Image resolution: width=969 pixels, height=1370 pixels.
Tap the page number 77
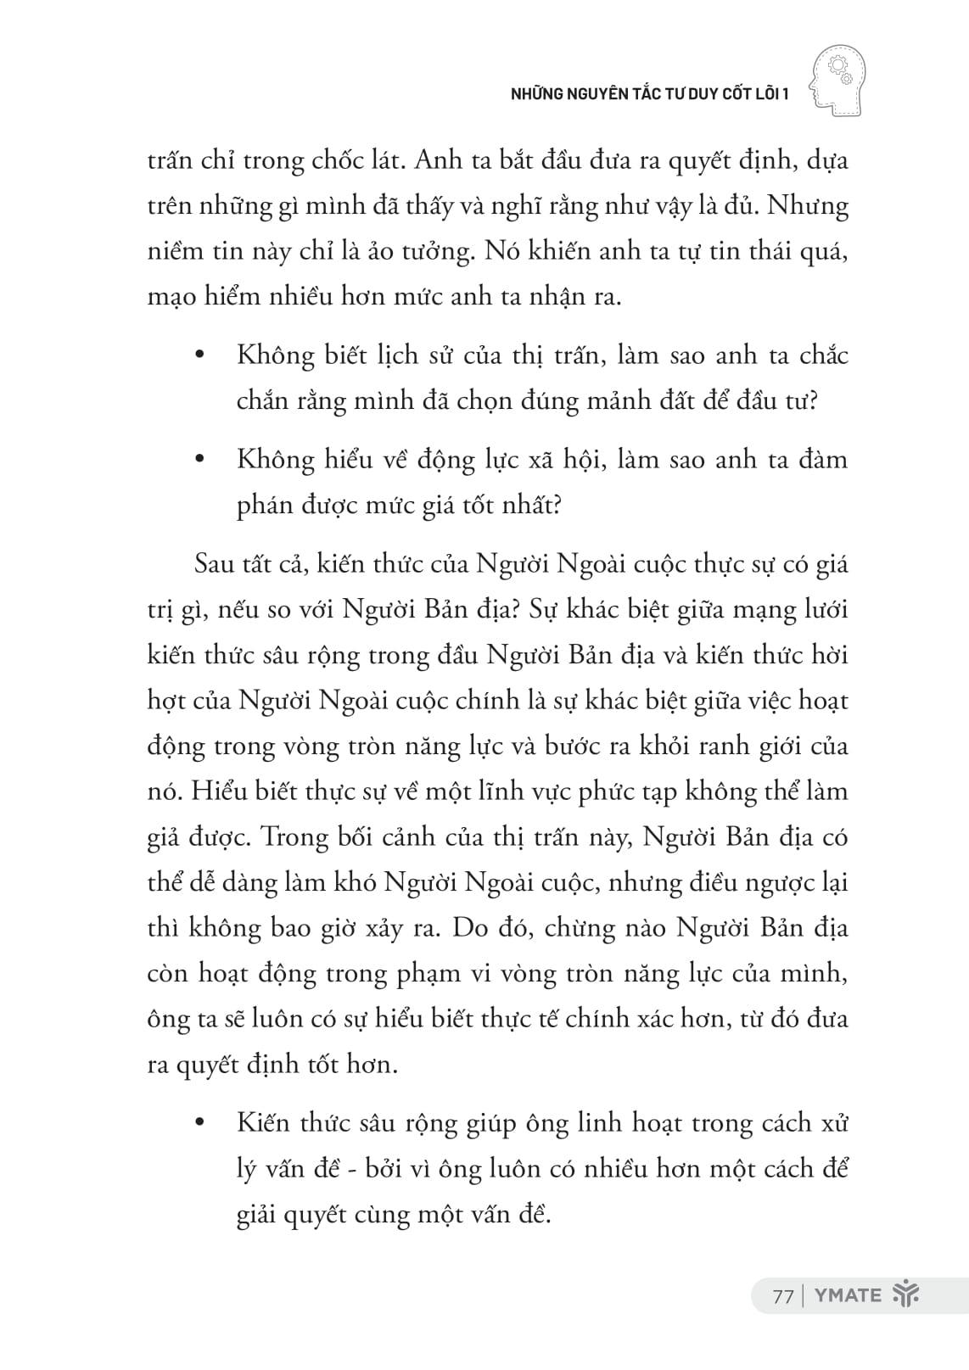pos(782,1295)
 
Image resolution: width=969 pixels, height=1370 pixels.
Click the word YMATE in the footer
pos(848,1295)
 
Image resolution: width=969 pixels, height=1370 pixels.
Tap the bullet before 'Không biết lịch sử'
pos(200,356)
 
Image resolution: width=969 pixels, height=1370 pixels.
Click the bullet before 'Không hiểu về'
pos(200,461)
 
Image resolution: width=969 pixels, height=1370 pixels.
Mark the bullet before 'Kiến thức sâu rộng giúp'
pos(200,1125)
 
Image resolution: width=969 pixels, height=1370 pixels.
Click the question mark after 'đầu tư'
pos(812,400)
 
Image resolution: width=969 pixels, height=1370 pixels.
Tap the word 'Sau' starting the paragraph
pos(216,564)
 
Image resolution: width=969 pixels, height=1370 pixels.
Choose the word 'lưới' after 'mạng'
pos(824,610)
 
